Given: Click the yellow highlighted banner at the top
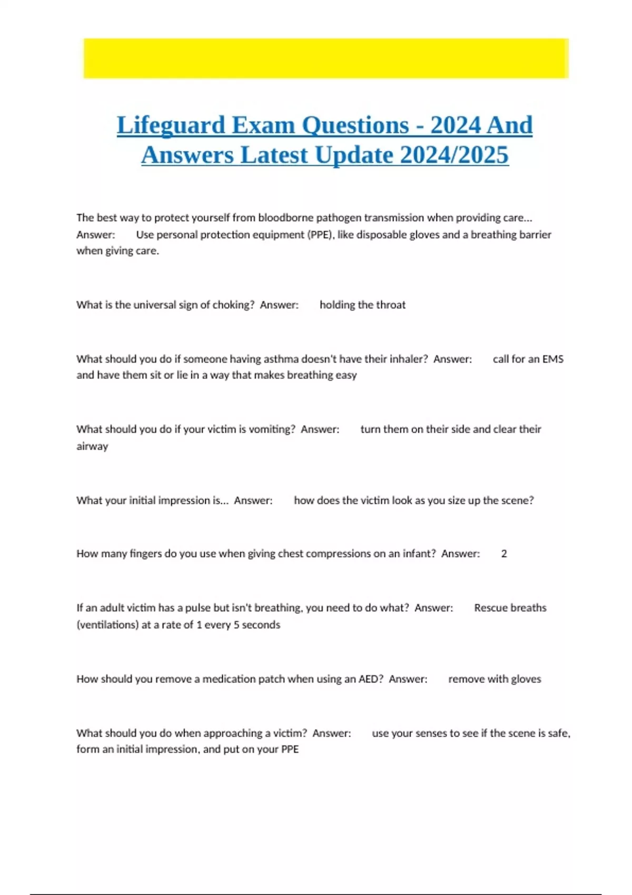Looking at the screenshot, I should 325,58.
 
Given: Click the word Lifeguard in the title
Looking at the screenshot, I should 171,125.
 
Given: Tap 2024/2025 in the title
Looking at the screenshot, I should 454,155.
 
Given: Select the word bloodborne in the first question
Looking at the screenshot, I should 285,218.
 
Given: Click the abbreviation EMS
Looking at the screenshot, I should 552,359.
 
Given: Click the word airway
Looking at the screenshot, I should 92,446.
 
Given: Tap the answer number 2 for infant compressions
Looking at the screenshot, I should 504,554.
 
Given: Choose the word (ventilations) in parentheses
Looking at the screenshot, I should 107,625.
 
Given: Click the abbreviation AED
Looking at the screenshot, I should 371,679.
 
